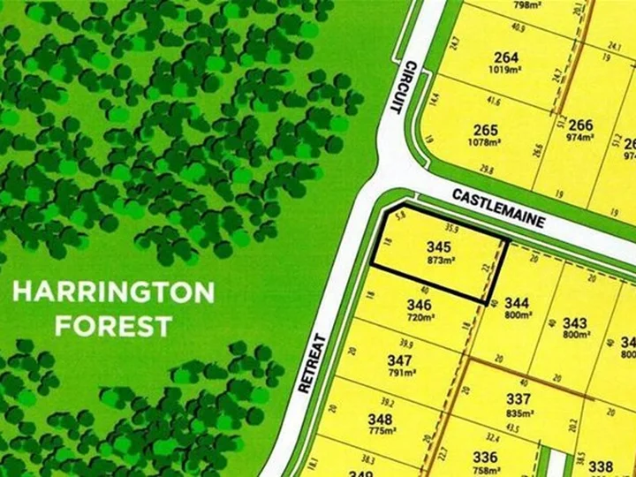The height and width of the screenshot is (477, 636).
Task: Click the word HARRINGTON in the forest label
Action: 113,292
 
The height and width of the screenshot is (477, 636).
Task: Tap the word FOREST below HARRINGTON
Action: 113,326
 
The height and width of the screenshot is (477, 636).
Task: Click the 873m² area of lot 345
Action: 439,261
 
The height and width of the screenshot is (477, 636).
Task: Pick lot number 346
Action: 420,306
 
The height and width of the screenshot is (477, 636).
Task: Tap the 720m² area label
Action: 420,318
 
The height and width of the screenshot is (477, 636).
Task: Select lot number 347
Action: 400,360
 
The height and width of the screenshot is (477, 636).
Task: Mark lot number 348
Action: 380,419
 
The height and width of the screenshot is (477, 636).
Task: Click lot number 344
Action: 517,304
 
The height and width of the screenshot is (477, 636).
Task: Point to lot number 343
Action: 575,323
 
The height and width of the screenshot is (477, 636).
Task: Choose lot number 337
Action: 519,399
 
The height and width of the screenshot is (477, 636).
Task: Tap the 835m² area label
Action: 519,413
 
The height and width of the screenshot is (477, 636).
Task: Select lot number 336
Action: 485,457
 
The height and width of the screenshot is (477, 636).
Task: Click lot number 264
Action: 506,58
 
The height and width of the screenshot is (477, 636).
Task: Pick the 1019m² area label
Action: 506,72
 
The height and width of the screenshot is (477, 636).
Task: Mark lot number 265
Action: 486,130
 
